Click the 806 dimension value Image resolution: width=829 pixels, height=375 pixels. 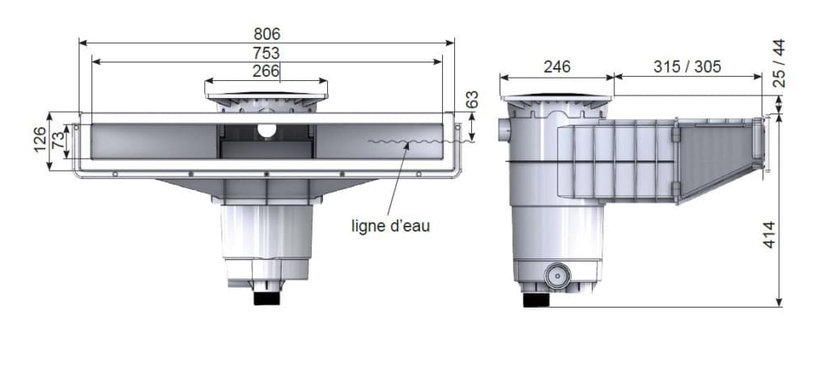(x=266, y=34)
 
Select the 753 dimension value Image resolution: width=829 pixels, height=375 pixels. (x=266, y=53)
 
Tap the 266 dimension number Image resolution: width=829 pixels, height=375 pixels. (x=266, y=71)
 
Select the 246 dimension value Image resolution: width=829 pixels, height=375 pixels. (x=556, y=67)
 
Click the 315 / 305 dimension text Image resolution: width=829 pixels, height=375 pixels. (x=687, y=67)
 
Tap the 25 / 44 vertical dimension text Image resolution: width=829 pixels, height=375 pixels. (x=779, y=63)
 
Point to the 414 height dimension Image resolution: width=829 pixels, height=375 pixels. (x=769, y=235)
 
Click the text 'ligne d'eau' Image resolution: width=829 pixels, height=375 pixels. (x=390, y=226)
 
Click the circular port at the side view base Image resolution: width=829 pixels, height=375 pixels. (x=557, y=275)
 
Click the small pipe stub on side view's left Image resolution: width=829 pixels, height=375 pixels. (x=506, y=128)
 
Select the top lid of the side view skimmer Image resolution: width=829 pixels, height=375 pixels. (x=556, y=99)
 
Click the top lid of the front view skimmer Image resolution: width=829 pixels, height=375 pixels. (x=266, y=96)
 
